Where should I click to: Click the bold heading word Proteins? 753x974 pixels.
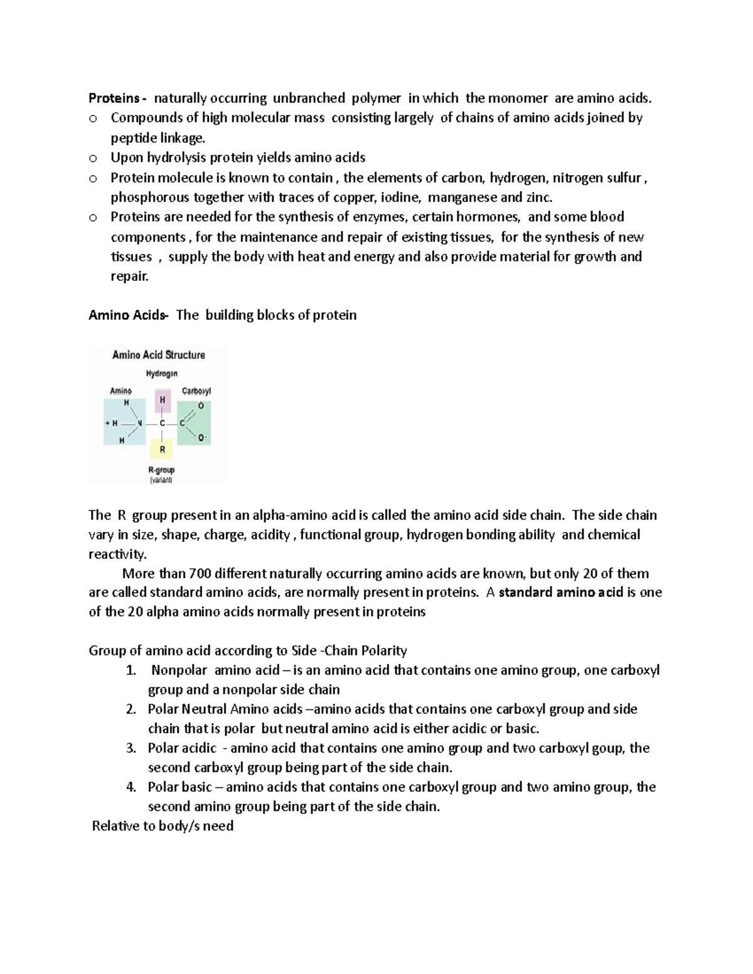[113, 98]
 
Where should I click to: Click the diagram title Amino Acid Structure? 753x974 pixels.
[158, 355]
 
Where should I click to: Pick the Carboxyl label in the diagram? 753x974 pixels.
[196, 391]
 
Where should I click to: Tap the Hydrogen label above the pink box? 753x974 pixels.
[162, 374]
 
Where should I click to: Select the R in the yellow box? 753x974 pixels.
[163, 449]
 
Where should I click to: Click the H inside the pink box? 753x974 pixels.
[163, 400]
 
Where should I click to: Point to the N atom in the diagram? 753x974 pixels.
[139, 423]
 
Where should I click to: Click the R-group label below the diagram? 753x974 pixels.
[161, 470]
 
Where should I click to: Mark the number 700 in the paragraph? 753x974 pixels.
[200, 573]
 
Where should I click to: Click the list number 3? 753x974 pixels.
[131, 748]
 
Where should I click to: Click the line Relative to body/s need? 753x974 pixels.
[163, 826]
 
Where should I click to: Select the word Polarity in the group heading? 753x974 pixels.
[380, 650]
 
